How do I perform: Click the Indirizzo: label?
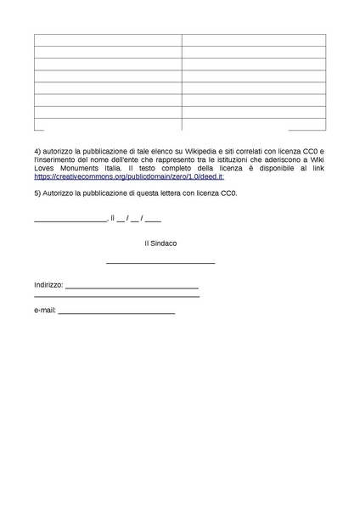tap(48, 286)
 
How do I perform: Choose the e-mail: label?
tap(45, 310)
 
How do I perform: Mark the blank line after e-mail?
tap(116, 313)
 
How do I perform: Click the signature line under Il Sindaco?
tap(160, 263)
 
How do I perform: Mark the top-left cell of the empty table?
tap(108, 40)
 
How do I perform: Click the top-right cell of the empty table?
tap(253, 40)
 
